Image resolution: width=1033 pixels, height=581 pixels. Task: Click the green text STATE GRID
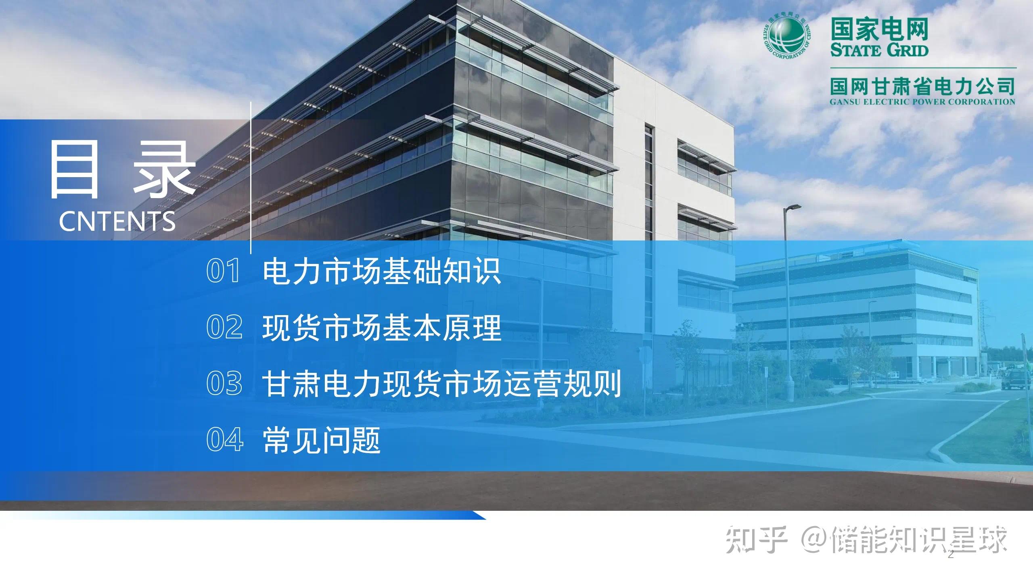879,50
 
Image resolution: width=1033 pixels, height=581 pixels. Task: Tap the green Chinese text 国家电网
879,29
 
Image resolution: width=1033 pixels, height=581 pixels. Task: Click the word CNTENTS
117,222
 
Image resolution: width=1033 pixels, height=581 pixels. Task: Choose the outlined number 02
224,327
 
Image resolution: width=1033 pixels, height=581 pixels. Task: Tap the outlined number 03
224,383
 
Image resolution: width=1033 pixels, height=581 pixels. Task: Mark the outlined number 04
225,439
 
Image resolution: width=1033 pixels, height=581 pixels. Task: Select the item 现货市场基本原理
381,327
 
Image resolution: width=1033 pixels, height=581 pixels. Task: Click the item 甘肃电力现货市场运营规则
441,383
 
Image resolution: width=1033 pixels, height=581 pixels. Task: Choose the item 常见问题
322,439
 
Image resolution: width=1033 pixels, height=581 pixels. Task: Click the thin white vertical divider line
251,178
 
